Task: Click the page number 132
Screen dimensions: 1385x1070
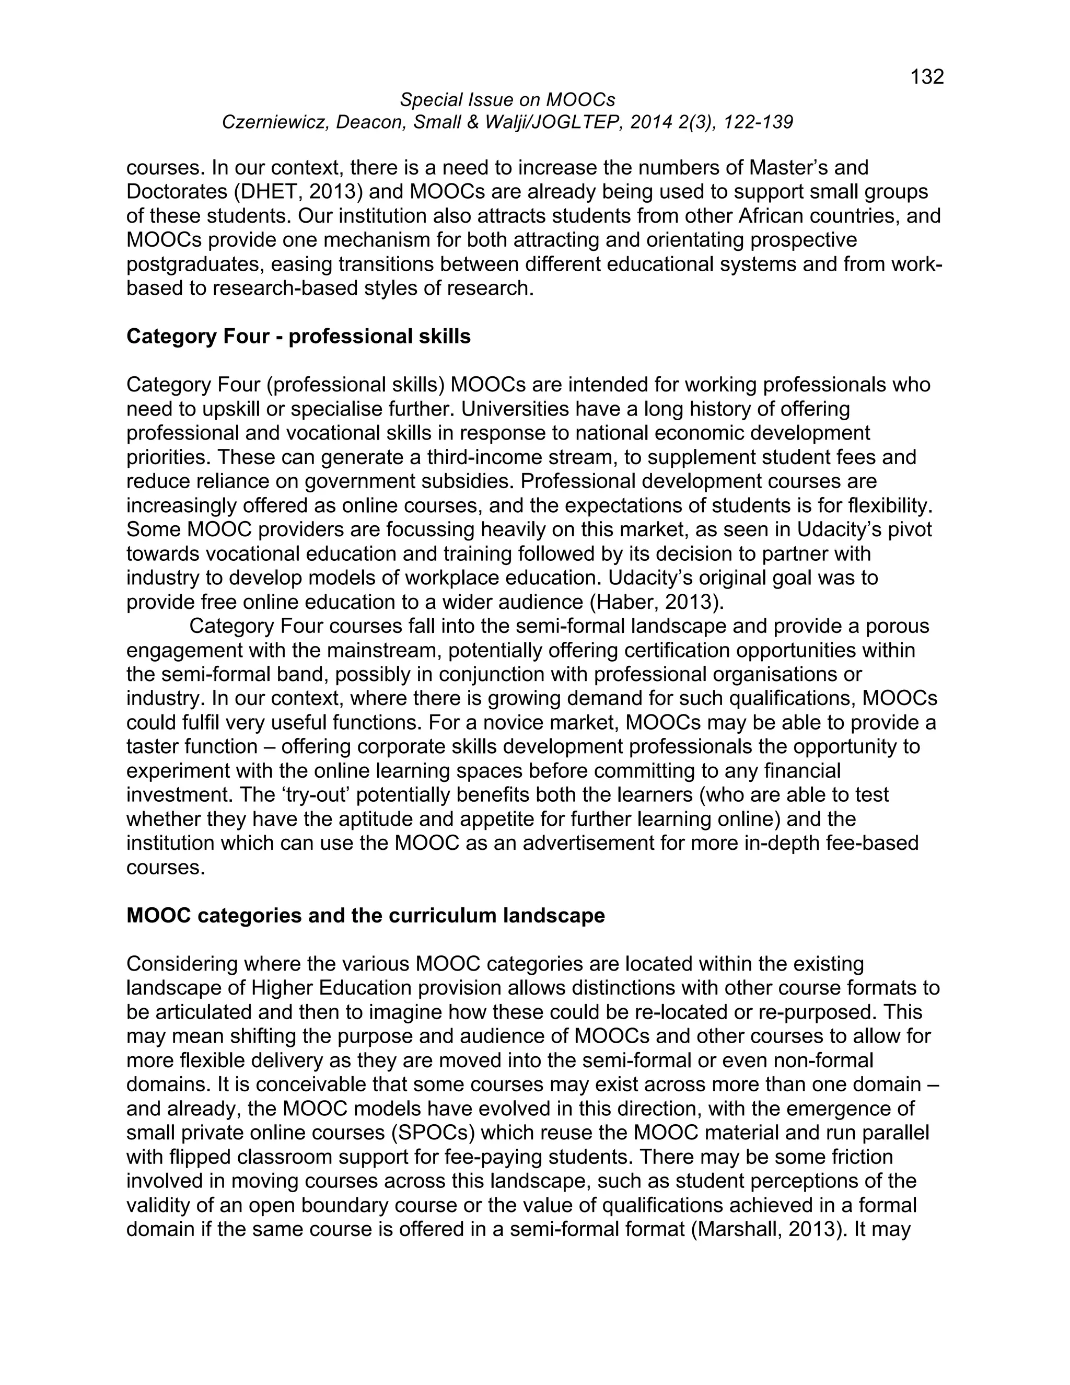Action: [x=927, y=77]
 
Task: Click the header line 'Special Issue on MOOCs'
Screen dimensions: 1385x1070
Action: [x=507, y=99]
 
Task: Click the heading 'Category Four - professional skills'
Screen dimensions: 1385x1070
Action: [x=298, y=336]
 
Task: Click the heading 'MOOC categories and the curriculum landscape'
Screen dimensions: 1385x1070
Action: [x=366, y=916]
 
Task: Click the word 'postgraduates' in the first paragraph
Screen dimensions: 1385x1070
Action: [x=194, y=264]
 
